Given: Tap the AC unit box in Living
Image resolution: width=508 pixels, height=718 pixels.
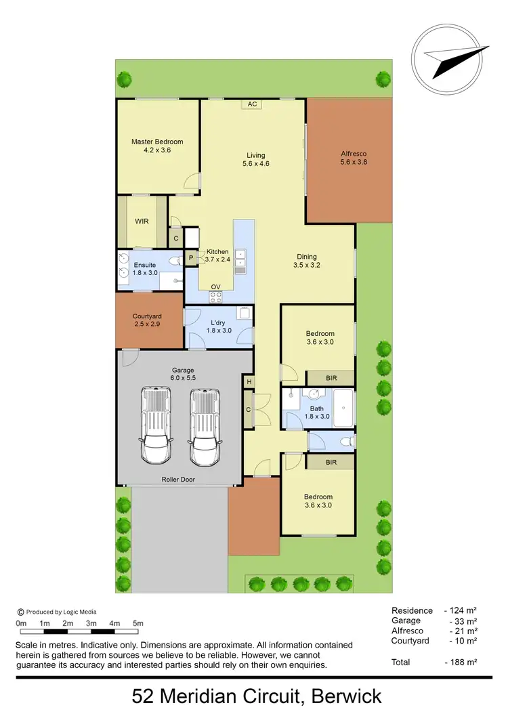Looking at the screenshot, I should pos(252,104).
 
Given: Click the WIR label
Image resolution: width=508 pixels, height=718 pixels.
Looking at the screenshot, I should pos(142,221).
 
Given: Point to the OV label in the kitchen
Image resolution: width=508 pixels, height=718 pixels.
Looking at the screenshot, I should pos(215,287).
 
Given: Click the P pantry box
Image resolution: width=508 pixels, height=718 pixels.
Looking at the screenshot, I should pos(191,257).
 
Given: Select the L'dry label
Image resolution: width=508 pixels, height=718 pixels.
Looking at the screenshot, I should pos(218,322).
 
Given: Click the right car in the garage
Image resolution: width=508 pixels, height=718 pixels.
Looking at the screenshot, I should pos(205,427).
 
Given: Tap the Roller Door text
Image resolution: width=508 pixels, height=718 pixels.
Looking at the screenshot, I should pos(178,479).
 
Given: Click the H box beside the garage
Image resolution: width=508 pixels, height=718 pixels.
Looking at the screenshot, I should pos(249,383).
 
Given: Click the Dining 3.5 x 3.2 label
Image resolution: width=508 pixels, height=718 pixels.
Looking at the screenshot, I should pos(307,261).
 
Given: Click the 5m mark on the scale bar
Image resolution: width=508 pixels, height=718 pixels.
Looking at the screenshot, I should pos(138,623).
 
